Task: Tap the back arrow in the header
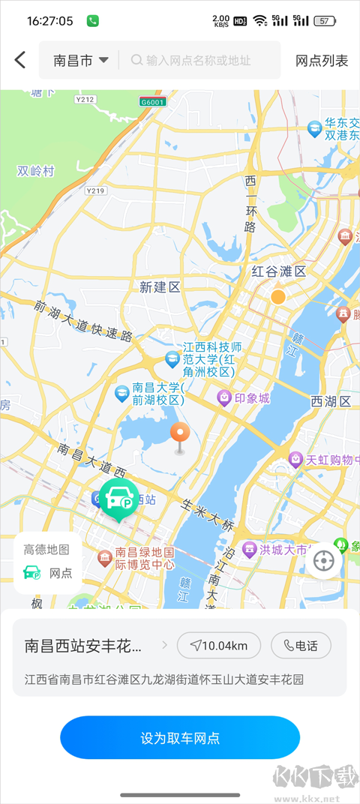coord(20,60)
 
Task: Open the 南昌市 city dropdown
coord(81,61)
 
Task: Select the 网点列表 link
coord(322,61)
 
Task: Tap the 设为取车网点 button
coord(180,737)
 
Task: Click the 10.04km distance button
coord(218,645)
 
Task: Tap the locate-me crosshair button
coord(323,560)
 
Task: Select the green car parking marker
coord(118,498)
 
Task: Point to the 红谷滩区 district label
coord(278,271)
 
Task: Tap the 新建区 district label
coord(160,286)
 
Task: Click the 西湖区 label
coord(331,401)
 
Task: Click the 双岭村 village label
coord(36,171)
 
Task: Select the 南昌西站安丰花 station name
coord(82,645)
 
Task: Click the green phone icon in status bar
coord(93,21)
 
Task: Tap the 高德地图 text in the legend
coord(46,550)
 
